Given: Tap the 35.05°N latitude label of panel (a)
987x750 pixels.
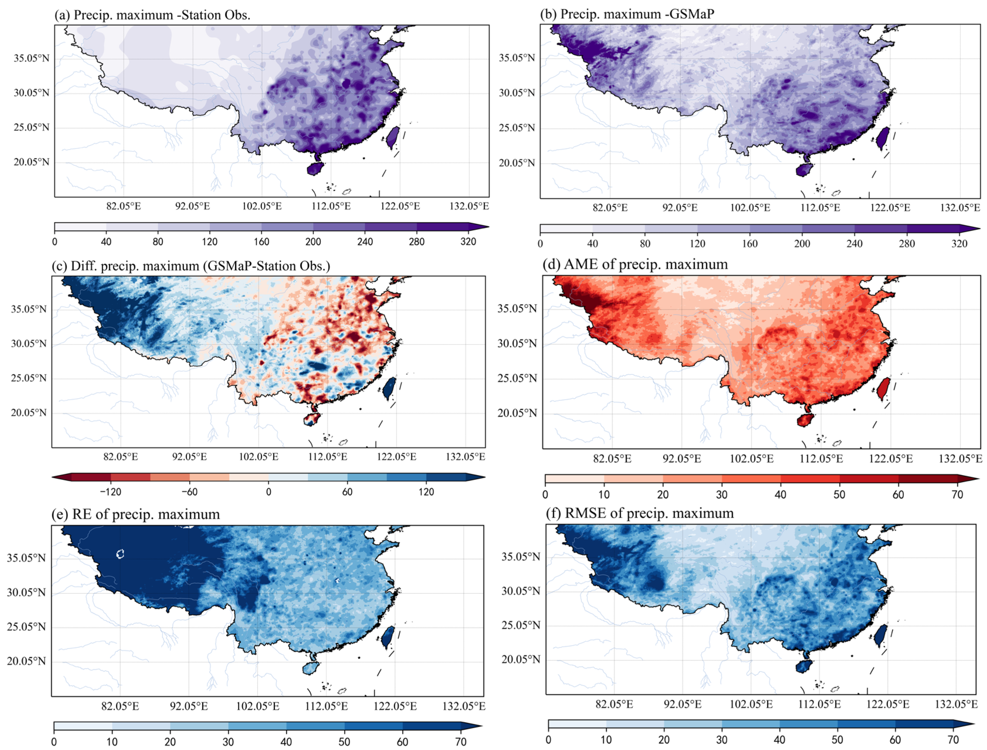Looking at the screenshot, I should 31,58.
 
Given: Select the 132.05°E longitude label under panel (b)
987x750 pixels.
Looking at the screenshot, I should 959,208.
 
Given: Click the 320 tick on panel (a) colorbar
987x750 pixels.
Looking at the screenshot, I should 468,242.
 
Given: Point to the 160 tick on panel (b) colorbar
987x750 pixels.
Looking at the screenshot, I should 750,244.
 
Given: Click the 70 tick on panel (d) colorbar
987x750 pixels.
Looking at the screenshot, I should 957,495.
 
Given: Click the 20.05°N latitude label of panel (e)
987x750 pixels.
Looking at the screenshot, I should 26,661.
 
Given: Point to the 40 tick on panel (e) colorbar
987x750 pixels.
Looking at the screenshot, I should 286,741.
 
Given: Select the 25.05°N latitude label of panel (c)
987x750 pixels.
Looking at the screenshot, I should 28,378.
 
